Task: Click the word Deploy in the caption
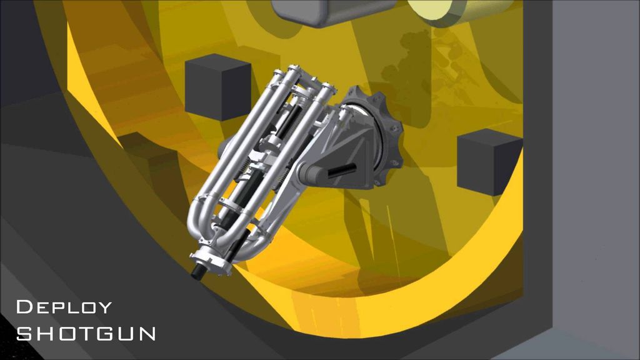coord(64,307)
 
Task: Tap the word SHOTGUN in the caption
coord(86,334)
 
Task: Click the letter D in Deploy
coord(24,307)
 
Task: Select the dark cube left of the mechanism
coord(217,87)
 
